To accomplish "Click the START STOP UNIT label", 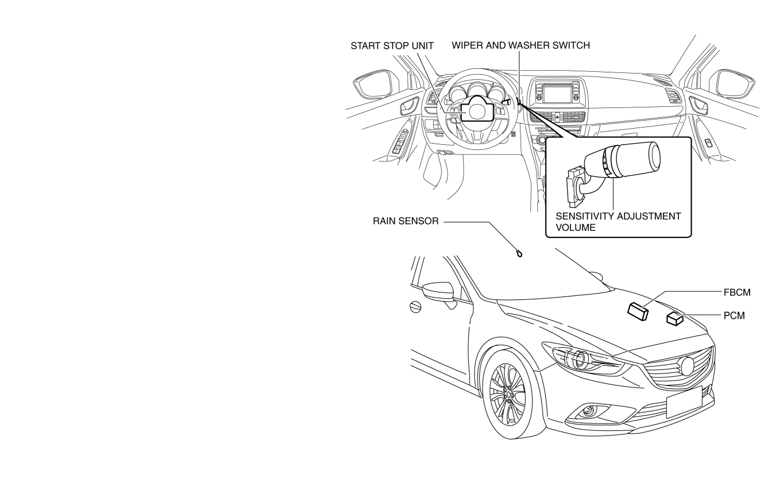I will pyautogui.click(x=392, y=46).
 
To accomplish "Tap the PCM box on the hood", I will pyautogui.click(x=674, y=318).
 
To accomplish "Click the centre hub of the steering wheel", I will pyautogui.click(x=474, y=109).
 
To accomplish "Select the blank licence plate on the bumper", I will pyautogui.click(x=684, y=402).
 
